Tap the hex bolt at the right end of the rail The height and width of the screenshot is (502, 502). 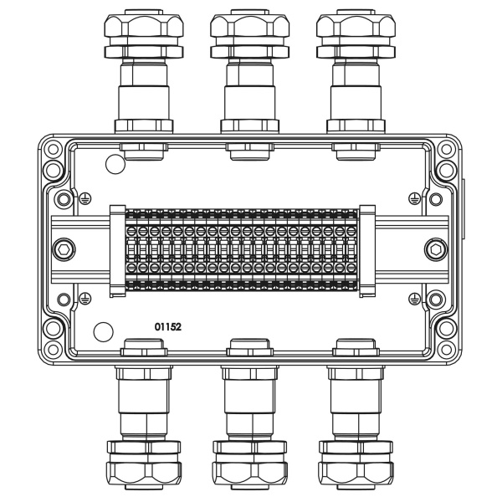(436, 249)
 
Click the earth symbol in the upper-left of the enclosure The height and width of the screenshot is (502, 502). (85, 198)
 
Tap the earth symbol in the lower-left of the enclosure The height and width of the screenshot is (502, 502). (85, 299)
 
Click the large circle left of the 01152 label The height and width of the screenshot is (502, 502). (103, 331)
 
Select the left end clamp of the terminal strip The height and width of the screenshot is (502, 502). (117, 249)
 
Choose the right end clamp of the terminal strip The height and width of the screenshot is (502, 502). (366, 249)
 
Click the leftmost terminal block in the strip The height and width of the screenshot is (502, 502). (131, 249)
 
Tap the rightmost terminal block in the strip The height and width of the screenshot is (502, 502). (351, 249)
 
